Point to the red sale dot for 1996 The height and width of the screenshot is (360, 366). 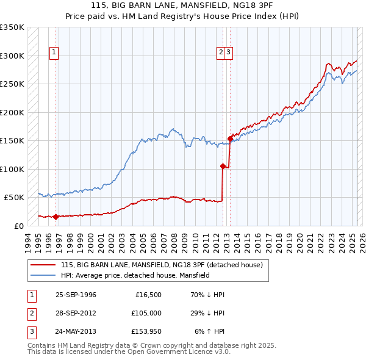[x=56, y=216]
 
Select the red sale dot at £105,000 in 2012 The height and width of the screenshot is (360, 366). [x=223, y=166]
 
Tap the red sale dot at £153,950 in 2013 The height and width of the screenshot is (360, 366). [x=230, y=139]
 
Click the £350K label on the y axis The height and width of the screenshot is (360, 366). [x=12, y=27]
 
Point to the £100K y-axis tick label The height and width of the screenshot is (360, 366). [x=12, y=169]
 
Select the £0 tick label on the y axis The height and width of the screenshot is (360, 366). [x=18, y=226]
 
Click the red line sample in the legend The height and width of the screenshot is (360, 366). [x=43, y=265]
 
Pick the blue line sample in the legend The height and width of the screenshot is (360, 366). [x=43, y=275]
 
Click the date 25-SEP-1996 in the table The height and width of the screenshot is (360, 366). [x=76, y=295]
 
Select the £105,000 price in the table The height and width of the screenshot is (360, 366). [x=146, y=314]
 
